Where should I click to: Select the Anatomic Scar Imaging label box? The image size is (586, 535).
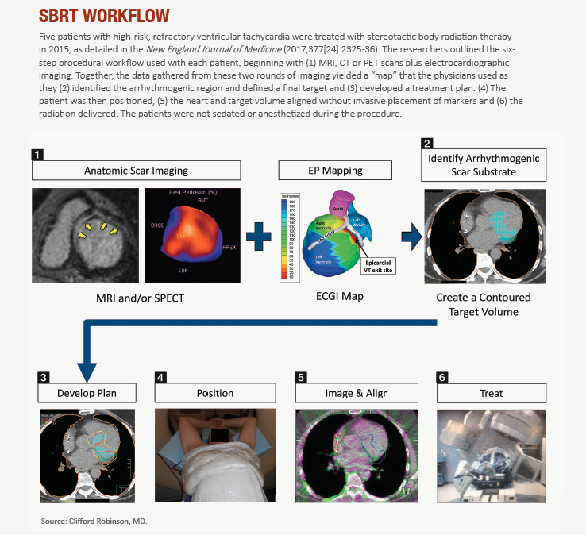point(136,171)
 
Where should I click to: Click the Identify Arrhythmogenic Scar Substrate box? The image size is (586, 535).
point(484,165)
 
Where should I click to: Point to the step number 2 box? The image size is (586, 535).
point(428,144)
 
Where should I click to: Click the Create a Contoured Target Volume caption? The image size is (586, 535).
point(484,304)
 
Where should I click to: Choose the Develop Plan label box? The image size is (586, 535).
point(87,393)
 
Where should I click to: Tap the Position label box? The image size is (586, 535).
point(215,393)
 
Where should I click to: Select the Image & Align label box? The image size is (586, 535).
point(353,393)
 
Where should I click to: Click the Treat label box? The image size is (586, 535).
point(492,393)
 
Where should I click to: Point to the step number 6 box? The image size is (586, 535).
point(442,377)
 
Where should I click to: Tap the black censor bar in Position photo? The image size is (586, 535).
point(216,434)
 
